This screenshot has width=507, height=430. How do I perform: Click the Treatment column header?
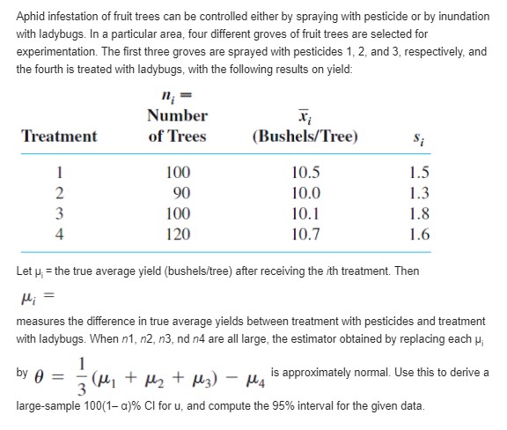pos(59,137)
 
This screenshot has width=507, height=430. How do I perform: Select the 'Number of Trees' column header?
pos(177,126)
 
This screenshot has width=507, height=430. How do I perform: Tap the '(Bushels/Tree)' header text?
pos(305,137)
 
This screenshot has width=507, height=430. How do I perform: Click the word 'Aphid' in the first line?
pos(32,11)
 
